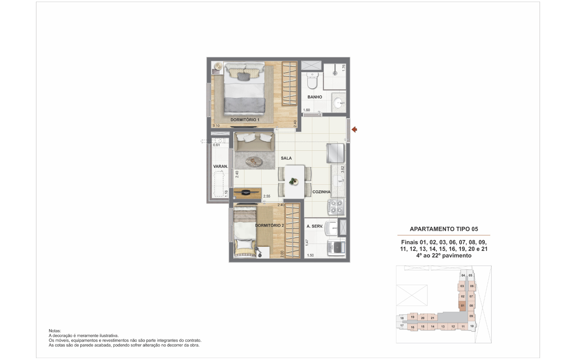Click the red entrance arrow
(x=354, y=130)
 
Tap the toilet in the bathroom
(x=312, y=80)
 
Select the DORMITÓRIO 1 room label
(x=245, y=120)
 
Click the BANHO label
(x=315, y=97)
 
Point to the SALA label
(x=286, y=158)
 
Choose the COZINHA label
(x=321, y=192)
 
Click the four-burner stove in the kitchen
(x=336, y=207)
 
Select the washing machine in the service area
(x=337, y=248)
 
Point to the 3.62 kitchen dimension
(x=342, y=169)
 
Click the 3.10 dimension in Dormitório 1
(x=216, y=126)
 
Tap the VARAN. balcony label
(x=221, y=166)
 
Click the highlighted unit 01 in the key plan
(x=462, y=306)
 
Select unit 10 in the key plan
(x=472, y=326)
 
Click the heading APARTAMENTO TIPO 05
(x=444, y=229)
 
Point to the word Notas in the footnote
(x=55, y=331)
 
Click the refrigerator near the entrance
(x=335, y=153)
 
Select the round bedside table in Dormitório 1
(x=218, y=66)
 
